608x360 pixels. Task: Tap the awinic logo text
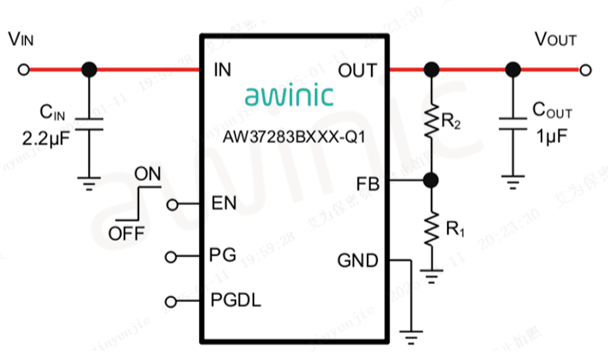pos(286,96)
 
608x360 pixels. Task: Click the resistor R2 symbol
pos(431,122)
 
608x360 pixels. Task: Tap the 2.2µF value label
pos(50,138)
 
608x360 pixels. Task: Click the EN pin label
pos(224,204)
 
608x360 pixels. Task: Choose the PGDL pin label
pos(236,300)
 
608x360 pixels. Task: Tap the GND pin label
pos(356,260)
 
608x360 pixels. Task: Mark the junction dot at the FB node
pos(431,180)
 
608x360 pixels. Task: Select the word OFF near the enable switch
pos(126,235)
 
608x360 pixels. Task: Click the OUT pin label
pos(357,69)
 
